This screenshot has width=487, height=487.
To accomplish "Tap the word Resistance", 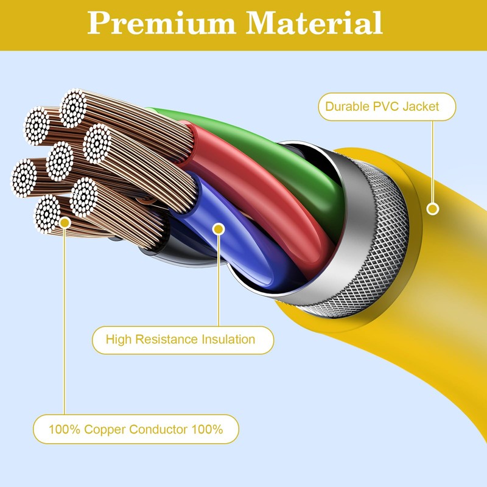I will point(164,339).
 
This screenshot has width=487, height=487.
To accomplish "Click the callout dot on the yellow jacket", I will point(433,209).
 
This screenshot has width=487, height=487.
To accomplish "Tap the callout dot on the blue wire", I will point(219,229).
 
